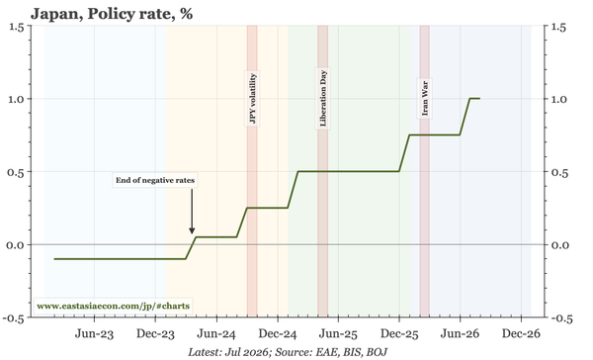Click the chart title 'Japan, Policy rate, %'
click(x=112, y=14)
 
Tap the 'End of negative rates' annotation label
click(x=155, y=180)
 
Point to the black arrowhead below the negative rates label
click(x=192, y=230)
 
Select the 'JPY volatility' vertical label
click(x=253, y=99)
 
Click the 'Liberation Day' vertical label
click(x=323, y=98)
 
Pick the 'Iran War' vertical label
click(x=425, y=98)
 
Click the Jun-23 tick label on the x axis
click(x=94, y=334)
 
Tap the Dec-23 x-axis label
click(x=155, y=334)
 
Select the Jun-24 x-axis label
click(x=216, y=334)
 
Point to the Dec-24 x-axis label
click(x=278, y=334)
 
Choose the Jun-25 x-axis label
click(x=338, y=334)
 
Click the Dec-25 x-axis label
click(x=399, y=334)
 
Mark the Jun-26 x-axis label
click(x=461, y=334)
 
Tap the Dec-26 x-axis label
click(x=521, y=334)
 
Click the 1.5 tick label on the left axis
click(x=16, y=27)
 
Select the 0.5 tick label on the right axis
click(x=559, y=173)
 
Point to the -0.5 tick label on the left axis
click(x=13, y=318)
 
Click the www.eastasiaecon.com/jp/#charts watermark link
click(x=113, y=306)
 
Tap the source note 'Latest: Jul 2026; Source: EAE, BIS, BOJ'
click(x=288, y=352)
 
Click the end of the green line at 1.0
click(x=479, y=99)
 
